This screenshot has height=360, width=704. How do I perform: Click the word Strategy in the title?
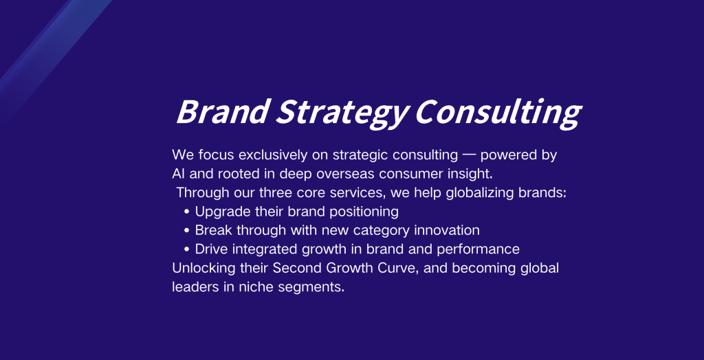click(342, 113)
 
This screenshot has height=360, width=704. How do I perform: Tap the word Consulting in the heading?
click(498, 113)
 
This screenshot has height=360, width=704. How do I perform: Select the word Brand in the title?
click(223, 111)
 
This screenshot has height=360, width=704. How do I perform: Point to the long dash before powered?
click(469, 155)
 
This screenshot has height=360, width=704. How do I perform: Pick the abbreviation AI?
click(179, 174)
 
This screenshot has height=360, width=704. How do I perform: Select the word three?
click(276, 192)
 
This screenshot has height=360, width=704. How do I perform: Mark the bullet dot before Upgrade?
click(187, 212)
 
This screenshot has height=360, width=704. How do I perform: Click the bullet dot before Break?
click(187, 230)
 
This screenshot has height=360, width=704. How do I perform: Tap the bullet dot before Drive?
click(187, 249)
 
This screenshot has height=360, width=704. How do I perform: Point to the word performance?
click(478, 249)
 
